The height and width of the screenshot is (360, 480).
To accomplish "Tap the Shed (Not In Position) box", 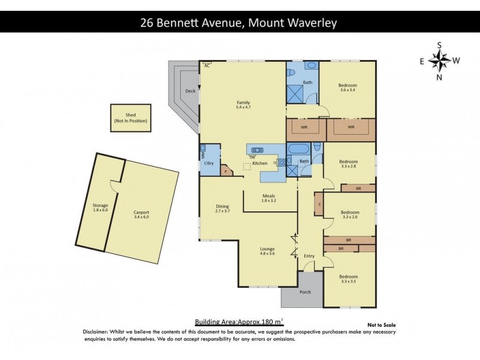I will tap(130, 118).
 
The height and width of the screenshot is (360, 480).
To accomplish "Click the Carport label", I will tap(142, 215).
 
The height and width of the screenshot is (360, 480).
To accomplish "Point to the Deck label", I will tap(190, 91).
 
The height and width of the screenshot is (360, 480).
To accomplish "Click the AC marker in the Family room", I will tap(207, 65).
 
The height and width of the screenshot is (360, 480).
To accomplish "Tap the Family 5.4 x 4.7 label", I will tap(242, 106).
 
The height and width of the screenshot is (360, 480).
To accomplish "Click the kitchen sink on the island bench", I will tap(258, 150).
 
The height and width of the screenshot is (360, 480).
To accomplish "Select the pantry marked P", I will tap(226, 171).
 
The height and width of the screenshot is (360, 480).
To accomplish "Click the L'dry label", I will tap(209, 163).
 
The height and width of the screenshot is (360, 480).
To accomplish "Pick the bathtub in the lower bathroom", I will tap(298, 149).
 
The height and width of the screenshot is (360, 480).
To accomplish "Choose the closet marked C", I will tap(320, 205).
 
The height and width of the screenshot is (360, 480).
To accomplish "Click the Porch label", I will tap(305, 292).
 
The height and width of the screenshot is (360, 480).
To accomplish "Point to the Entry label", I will tap(309, 256).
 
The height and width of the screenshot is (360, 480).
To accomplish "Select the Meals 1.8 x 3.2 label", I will tap(268, 199).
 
